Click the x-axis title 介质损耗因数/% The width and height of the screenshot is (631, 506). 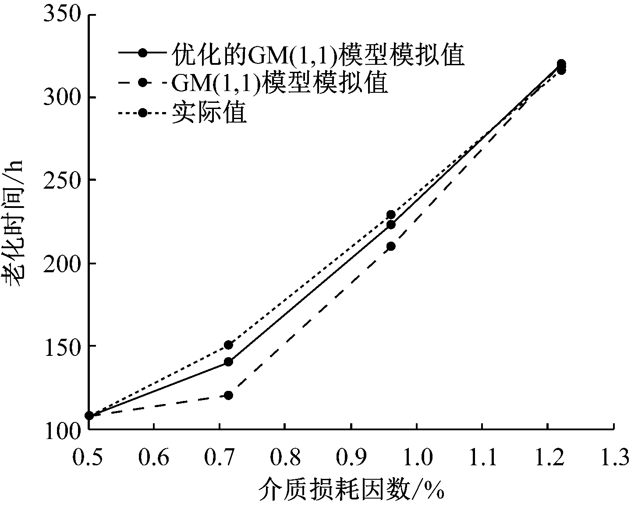point(351,489)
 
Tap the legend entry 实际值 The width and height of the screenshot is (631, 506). point(209,112)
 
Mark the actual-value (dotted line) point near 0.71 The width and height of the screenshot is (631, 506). point(228,345)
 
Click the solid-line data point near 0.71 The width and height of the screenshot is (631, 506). point(228,362)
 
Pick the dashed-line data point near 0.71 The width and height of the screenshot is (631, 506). point(228,395)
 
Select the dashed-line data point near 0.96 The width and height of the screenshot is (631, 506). point(391,246)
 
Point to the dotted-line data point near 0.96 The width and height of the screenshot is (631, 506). point(391,214)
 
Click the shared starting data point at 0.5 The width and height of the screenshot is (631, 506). point(89,415)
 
